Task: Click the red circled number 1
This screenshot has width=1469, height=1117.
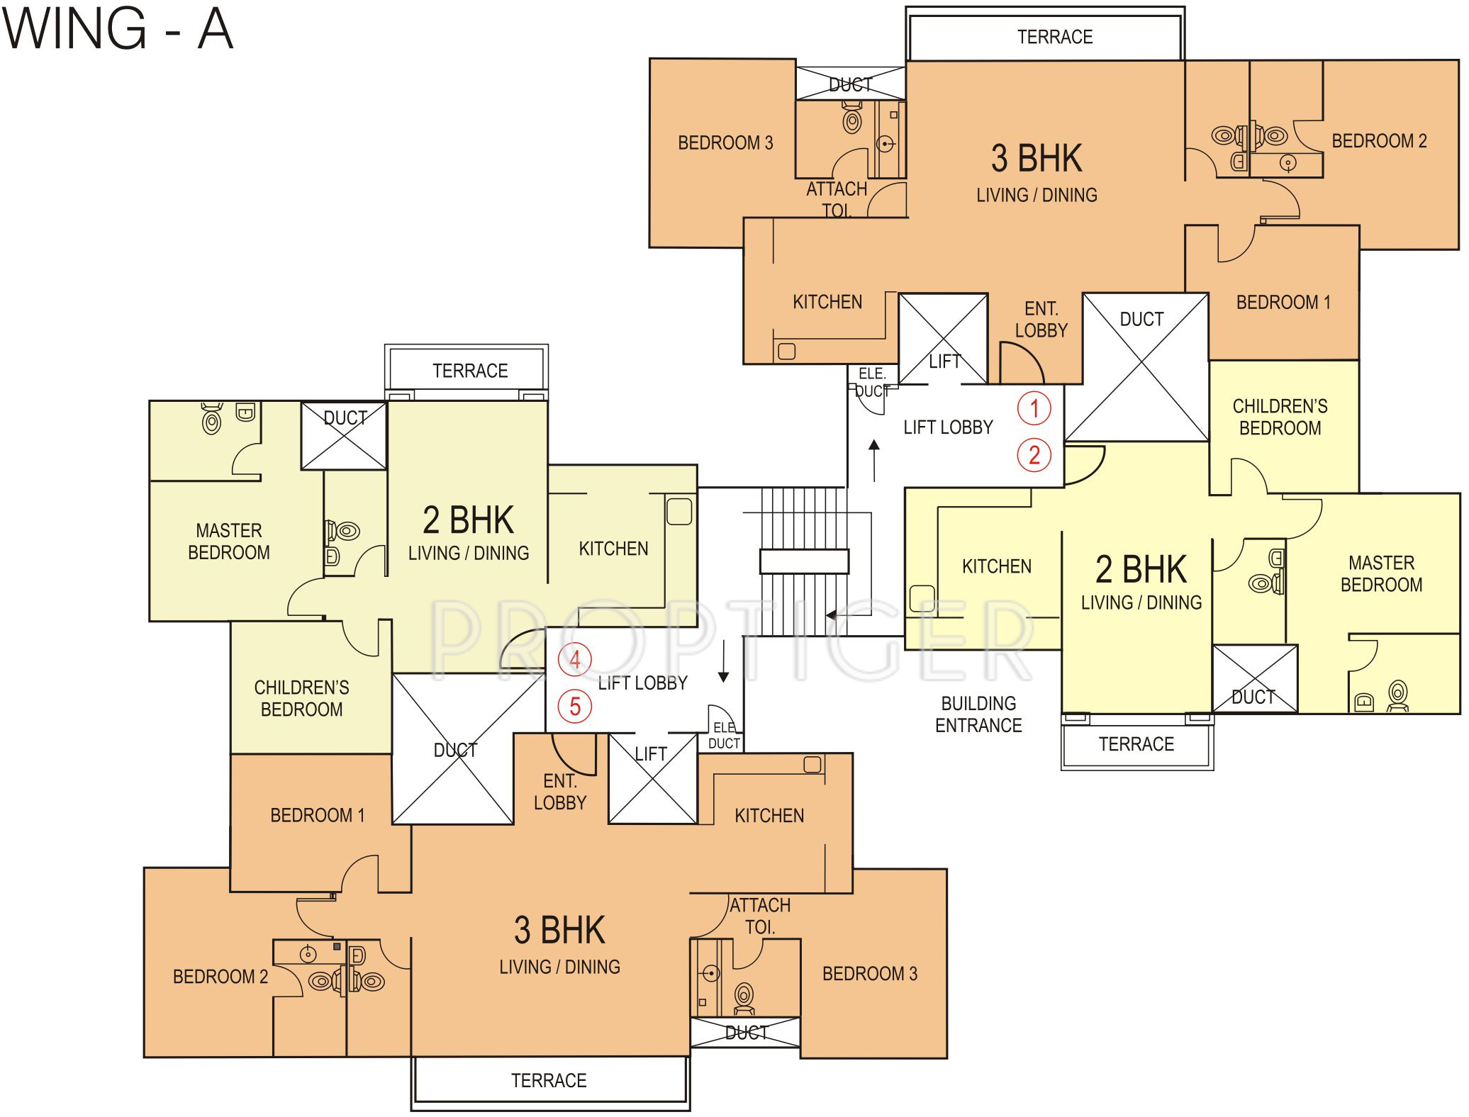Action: pyautogui.click(x=1034, y=408)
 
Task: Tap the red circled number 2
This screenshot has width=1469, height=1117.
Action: pyautogui.click(x=1034, y=455)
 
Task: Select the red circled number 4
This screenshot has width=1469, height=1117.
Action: pyautogui.click(x=574, y=660)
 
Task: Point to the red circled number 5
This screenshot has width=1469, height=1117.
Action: pyautogui.click(x=574, y=706)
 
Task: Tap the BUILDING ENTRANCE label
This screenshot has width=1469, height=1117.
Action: pyautogui.click(x=978, y=714)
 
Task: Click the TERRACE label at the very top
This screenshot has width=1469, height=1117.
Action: pyautogui.click(x=1055, y=37)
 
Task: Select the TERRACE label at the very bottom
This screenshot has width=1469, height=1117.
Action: pyautogui.click(x=549, y=1080)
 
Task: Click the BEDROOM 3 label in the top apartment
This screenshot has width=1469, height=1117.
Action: pyautogui.click(x=725, y=143)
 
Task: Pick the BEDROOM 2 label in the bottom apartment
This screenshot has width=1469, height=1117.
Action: pyautogui.click(x=220, y=977)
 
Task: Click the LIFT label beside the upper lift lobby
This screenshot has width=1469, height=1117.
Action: pyautogui.click(x=944, y=361)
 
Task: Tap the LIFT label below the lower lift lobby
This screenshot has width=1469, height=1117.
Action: pyautogui.click(x=651, y=754)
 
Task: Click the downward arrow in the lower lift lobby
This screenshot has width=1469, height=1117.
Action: pyautogui.click(x=723, y=662)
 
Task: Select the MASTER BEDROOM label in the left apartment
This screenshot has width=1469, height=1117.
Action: pyautogui.click(x=229, y=541)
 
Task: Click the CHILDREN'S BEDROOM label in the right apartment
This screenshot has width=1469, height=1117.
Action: pyautogui.click(x=1280, y=417)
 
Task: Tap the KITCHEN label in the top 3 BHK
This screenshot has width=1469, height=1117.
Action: pyautogui.click(x=827, y=302)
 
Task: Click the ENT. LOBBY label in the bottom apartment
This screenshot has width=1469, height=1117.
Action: pyautogui.click(x=560, y=792)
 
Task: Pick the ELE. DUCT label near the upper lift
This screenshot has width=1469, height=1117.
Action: pyautogui.click(x=872, y=382)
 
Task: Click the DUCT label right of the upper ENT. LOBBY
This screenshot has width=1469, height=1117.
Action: pyautogui.click(x=1141, y=319)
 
